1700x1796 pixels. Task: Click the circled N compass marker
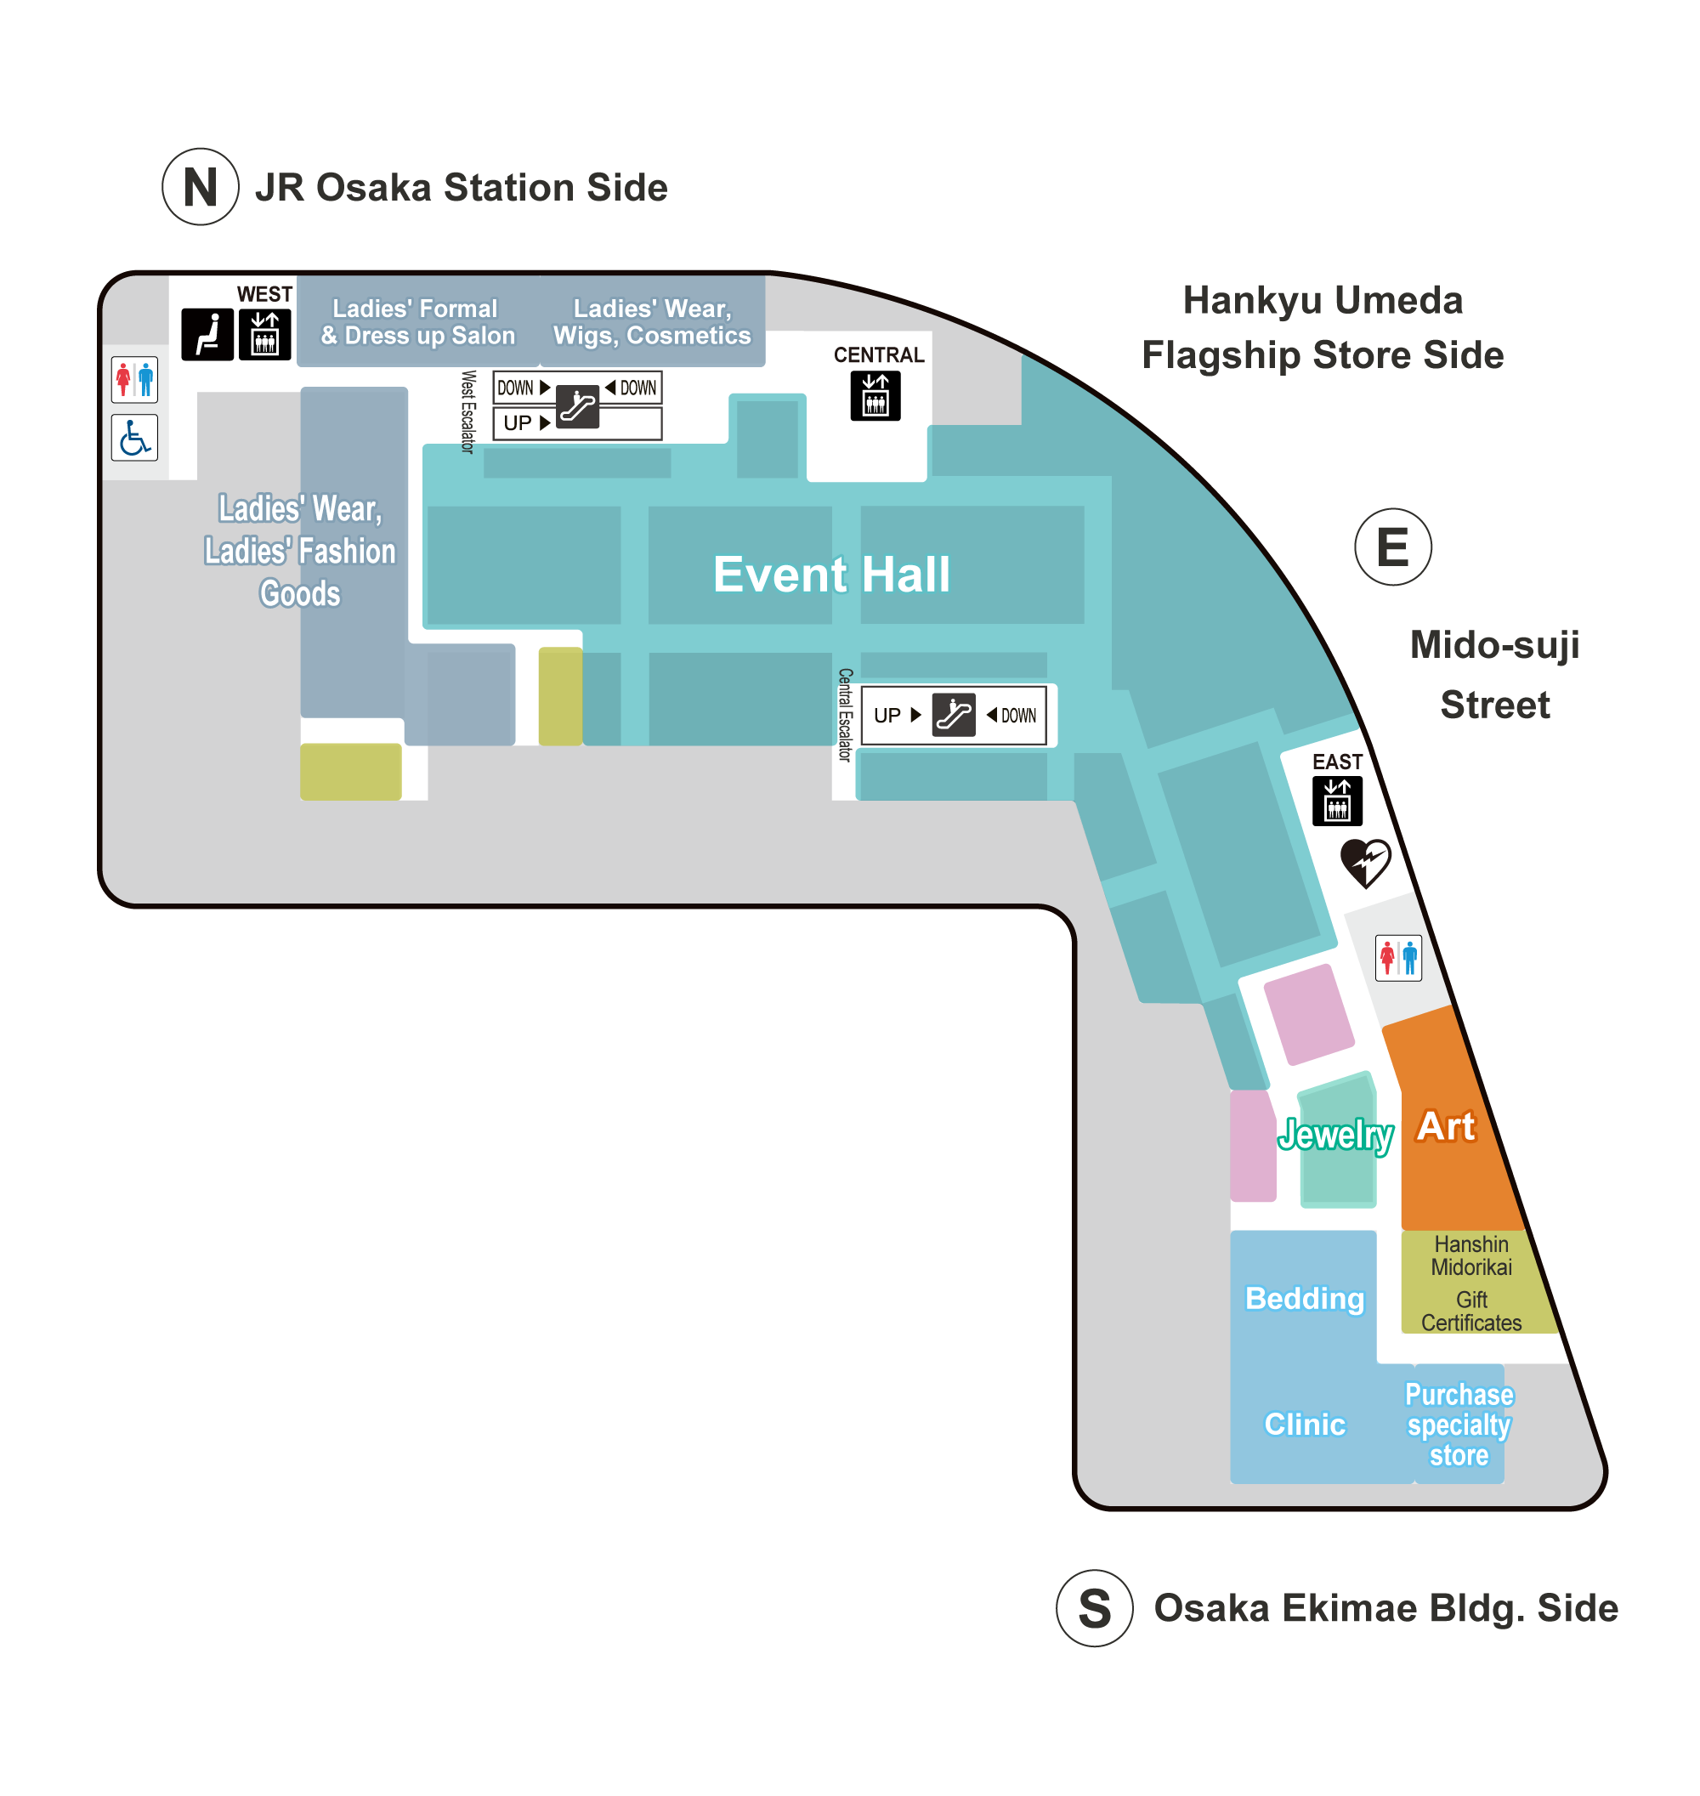[201, 187]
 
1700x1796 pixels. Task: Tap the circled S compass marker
[1095, 1608]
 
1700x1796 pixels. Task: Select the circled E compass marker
[1393, 547]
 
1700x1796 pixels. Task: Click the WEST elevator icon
[264, 334]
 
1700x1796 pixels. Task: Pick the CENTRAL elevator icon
[875, 395]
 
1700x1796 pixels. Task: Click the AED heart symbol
[1365, 863]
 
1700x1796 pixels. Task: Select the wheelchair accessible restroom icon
[135, 438]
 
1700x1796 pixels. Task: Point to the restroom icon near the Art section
[1398, 958]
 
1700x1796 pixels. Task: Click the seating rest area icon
[207, 334]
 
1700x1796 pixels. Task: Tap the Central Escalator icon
[954, 715]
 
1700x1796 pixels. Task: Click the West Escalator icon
[577, 406]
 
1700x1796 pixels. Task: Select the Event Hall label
[831, 574]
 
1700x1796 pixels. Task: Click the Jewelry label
[1334, 1135]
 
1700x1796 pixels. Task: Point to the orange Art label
[1446, 1126]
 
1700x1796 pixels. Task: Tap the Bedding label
[1304, 1299]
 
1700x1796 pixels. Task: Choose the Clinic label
[1305, 1425]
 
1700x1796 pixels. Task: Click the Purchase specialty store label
[1459, 1425]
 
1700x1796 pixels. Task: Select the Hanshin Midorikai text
[1470, 1256]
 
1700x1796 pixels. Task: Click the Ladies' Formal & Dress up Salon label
[417, 321]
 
